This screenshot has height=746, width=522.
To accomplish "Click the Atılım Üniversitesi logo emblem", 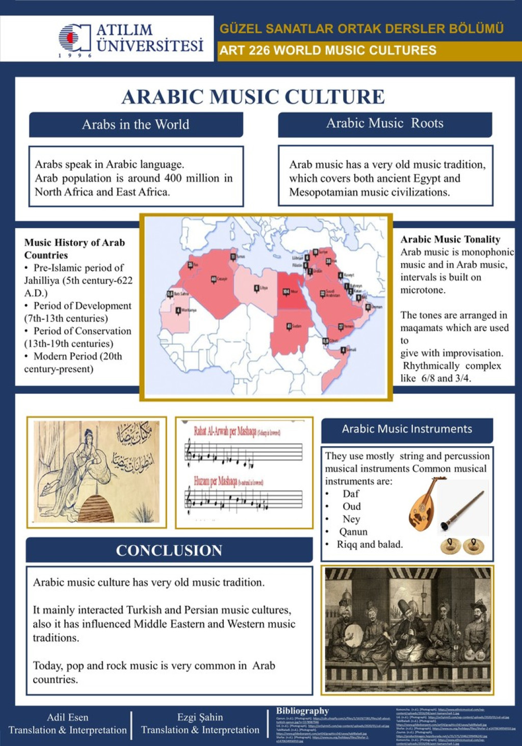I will coord(74,37).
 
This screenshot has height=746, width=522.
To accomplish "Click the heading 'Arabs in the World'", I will coord(136,124).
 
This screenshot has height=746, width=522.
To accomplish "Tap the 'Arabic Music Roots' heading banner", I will coord(385,123).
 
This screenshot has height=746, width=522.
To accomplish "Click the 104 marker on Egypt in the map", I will coord(286,292).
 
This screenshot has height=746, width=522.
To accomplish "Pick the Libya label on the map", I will coord(263,288).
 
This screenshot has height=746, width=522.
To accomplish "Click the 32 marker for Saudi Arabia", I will coord(322,294).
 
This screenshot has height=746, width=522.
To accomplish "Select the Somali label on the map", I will coord(352,350).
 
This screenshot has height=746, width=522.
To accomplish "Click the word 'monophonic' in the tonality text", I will coord(488,252).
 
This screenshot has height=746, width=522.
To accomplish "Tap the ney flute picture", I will coord(463,510).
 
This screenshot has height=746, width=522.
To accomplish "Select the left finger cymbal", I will coord(450,546).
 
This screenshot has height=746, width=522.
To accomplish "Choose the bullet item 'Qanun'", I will coord(353,532).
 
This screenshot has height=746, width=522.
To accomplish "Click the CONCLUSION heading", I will coord(169,551).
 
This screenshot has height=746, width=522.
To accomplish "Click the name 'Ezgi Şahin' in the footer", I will coord(200,717).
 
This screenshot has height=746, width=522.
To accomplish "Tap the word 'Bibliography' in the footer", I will coord(302,711).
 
